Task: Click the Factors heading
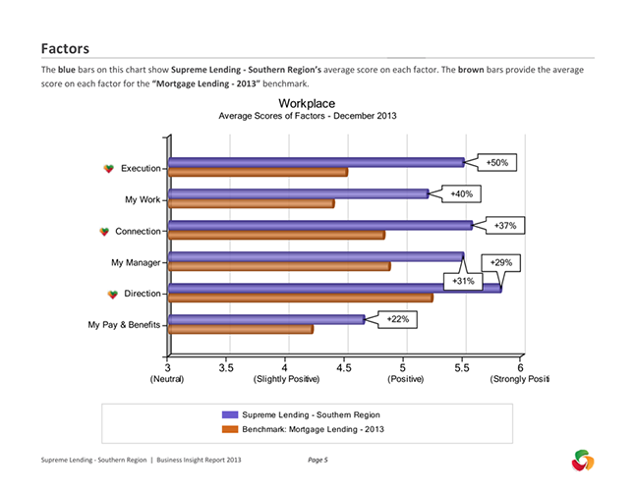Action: click(65, 47)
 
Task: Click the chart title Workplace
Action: click(306, 103)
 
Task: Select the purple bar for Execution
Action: click(316, 162)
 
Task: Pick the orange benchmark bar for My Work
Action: click(251, 204)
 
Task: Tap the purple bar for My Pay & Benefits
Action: click(266, 319)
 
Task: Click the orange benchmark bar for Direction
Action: click(300, 298)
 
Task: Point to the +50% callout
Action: click(497, 162)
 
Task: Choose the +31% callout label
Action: click(464, 281)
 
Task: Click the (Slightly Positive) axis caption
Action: click(285, 379)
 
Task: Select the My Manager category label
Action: click(136, 262)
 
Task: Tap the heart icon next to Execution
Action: click(109, 169)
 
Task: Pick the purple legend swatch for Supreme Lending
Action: click(231, 415)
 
